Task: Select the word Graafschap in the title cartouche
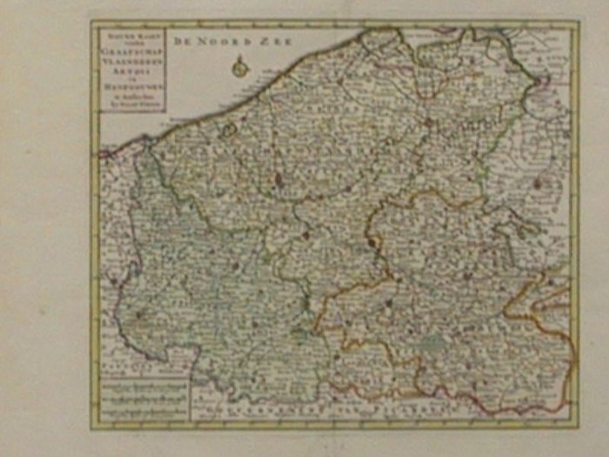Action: [130, 50]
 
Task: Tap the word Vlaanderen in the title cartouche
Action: [130, 62]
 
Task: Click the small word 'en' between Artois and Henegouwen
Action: [130, 79]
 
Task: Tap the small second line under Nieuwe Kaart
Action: [130, 43]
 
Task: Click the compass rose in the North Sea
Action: [239, 65]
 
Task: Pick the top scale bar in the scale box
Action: [143, 384]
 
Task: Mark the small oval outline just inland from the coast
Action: [229, 131]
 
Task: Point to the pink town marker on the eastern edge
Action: [537, 184]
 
